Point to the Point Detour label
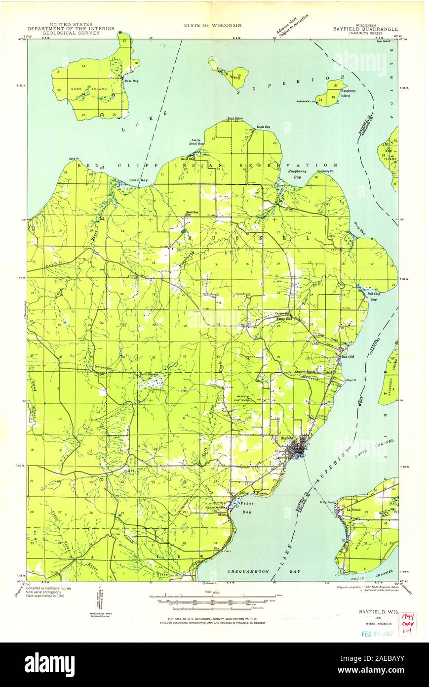[236, 119]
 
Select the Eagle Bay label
[263, 128]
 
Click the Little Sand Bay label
[197, 143]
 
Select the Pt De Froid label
[327, 503]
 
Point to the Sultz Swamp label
[149, 374]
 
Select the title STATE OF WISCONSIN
[213, 24]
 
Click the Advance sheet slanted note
[293, 26]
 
